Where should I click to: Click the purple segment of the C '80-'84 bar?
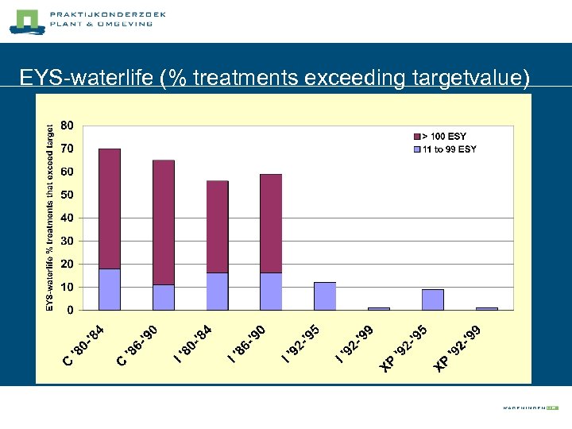coord(110,208)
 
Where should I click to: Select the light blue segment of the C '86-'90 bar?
coord(164,297)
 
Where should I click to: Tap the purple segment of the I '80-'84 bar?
coord(217,226)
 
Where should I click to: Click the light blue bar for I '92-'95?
coord(325,296)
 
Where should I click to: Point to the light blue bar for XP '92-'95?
coord(433,300)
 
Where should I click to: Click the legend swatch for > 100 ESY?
coord(416,137)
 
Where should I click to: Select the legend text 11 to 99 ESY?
coord(450,149)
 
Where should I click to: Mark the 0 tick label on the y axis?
coord(71,310)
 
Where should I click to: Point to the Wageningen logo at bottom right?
coord(531,407)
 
